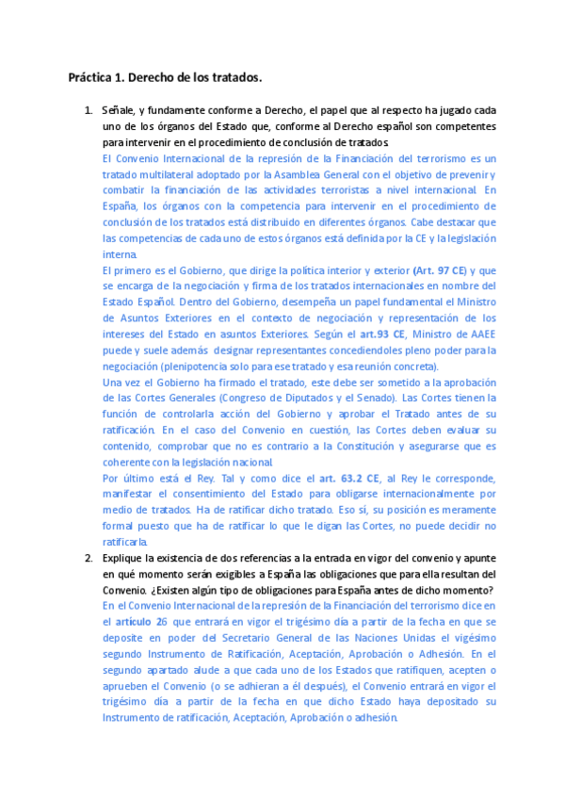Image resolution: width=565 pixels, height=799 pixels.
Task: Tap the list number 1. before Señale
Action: tap(89, 110)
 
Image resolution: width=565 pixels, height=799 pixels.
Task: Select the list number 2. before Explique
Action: tap(89, 558)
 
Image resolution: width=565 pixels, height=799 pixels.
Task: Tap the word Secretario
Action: tap(232, 638)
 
